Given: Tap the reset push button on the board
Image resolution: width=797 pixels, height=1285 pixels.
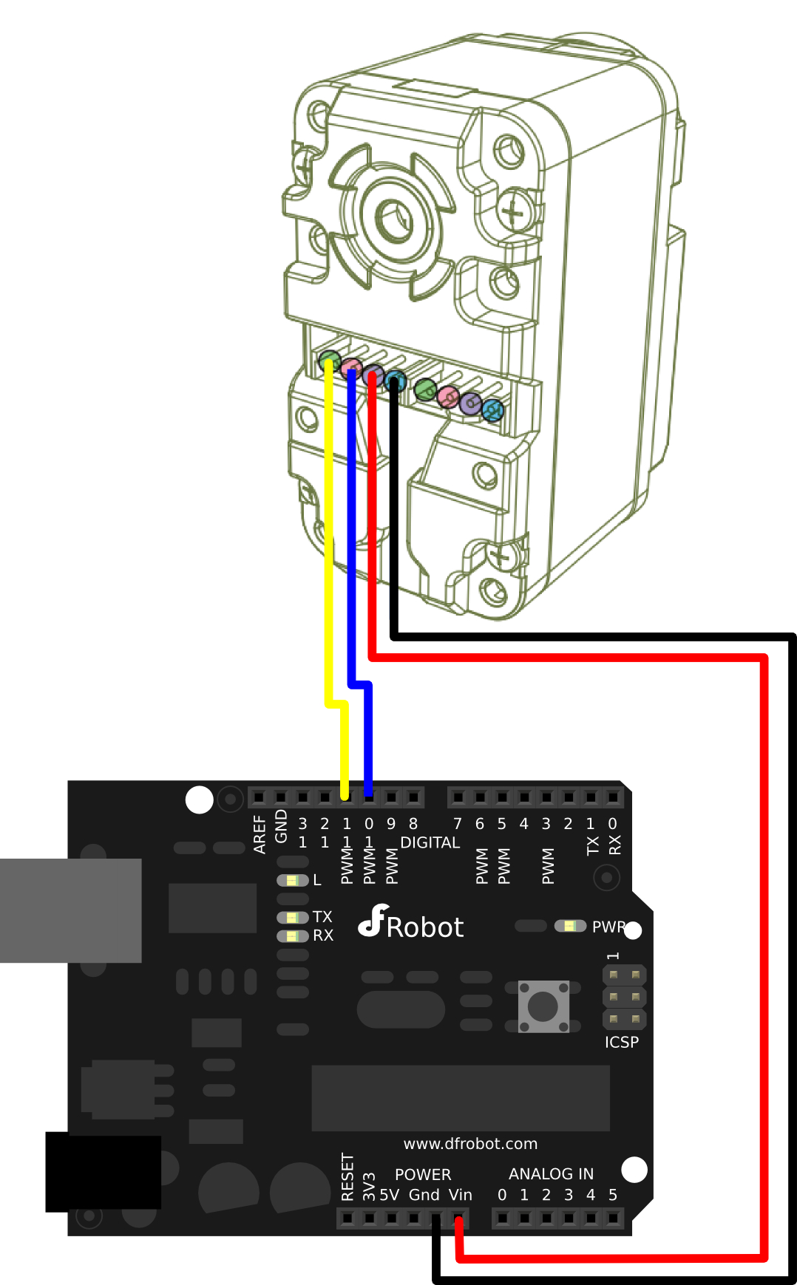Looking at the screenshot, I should pos(543,1006).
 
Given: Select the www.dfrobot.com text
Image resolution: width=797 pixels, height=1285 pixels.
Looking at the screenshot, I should pos(470,1144).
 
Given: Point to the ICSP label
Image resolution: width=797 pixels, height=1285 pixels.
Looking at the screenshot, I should pos(621,1042).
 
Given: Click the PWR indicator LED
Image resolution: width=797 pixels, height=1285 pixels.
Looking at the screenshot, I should pos(570,926).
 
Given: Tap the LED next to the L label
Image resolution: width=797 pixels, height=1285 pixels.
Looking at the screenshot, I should pos(292,880).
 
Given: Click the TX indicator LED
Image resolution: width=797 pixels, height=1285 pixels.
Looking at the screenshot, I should pos(292,917).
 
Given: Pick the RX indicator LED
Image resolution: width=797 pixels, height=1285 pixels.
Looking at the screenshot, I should pos(292,935).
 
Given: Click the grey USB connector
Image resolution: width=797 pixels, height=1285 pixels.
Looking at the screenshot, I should pos(70,910).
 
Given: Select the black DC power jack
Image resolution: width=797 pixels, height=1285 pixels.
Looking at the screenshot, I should pos(103,1172).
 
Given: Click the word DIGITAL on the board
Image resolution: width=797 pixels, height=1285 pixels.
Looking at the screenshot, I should pos(430,842).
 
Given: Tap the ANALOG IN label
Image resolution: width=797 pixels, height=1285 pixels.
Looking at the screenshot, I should pos(551,1173).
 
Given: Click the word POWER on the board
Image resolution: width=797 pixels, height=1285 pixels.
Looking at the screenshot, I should pos(422,1174).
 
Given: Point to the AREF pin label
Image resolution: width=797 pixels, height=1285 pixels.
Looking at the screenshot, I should pos(260,834).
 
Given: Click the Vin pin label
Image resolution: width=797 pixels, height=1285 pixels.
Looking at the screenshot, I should pos(460,1195).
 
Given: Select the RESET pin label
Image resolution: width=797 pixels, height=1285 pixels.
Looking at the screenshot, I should pos(347,1177).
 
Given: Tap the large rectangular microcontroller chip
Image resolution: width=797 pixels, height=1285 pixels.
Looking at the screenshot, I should pos(460,1098).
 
